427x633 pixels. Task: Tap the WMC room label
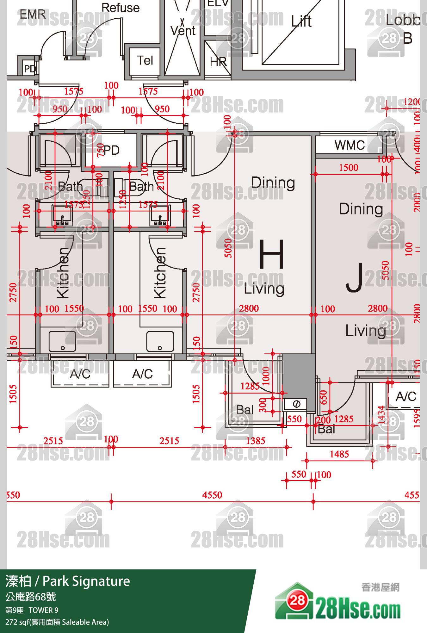(x=350, y=145)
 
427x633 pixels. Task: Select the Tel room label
(x=145, y=60)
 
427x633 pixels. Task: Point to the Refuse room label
(x=121, y=8)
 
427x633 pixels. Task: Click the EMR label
(x=33, y=14)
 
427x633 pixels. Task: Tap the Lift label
(x=301, y=22)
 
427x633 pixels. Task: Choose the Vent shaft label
(x=183, y=31)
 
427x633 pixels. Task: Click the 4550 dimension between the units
(x=212, y=495)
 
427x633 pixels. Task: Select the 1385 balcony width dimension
(x=256, y=441)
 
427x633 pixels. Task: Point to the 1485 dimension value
(x=339, y=454)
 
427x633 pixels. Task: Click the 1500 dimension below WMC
(x=349, y=168)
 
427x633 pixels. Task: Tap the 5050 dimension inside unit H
(x=228, y=248)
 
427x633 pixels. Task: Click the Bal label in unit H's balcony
(x=245, y=410)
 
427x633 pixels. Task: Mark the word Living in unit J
(x=366, y=331)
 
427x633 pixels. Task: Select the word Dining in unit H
(x=273, y=183)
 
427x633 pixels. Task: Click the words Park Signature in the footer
(x=86, y=581)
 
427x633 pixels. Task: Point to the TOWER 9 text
(x=43, y=610)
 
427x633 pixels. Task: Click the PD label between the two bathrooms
(x=112, y=150)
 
